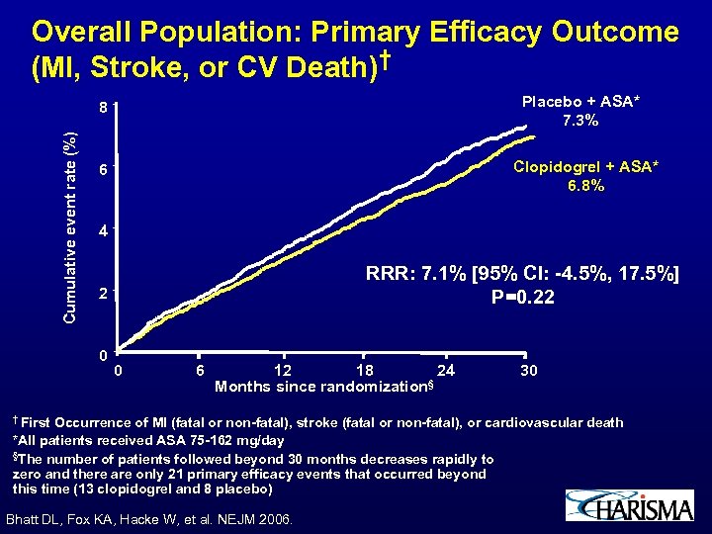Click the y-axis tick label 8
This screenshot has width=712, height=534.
[102, 107]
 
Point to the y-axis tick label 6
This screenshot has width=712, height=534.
[102, 170]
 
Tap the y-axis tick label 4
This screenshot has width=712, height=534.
[102, 233]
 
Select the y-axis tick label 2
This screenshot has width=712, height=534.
[102, 296]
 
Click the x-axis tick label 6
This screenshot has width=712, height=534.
[200, 370]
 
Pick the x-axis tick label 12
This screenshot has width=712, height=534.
[282, 370]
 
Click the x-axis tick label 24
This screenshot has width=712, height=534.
[447, 370]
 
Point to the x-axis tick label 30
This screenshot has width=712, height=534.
[529, 370]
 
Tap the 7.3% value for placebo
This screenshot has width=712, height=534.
[578, 122]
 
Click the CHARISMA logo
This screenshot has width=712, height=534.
[630, 506]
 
